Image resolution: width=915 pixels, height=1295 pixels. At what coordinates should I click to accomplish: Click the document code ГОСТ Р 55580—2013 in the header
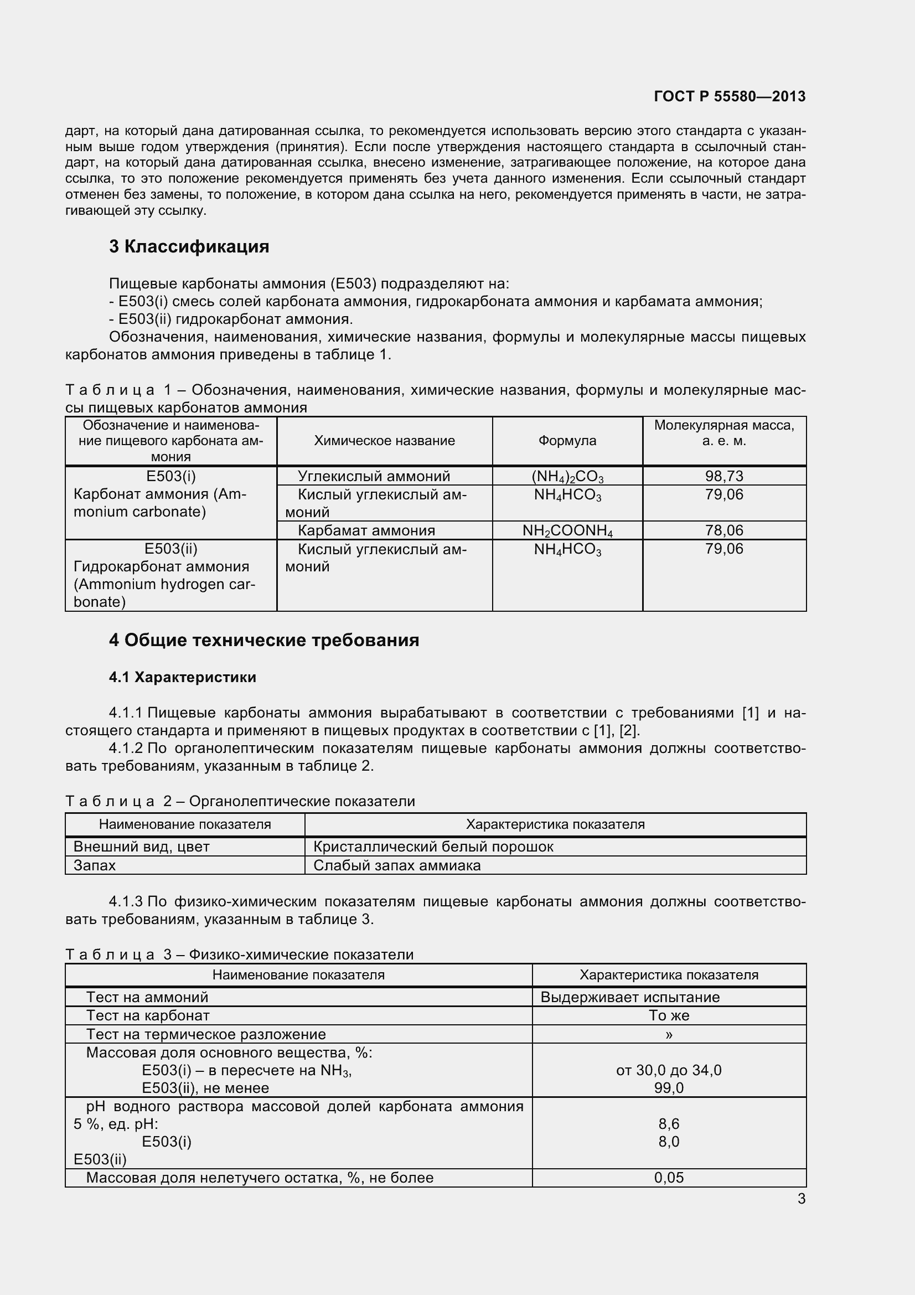[x=730, y=96]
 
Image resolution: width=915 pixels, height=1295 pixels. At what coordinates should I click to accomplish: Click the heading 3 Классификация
[x=189, y=246]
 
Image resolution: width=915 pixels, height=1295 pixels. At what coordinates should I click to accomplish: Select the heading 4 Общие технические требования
[x=264, y=640]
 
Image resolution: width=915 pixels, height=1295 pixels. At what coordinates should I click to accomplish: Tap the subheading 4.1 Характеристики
[x=182, y=677]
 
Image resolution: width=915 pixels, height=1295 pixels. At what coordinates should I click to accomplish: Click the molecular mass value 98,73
[x=724, y=476]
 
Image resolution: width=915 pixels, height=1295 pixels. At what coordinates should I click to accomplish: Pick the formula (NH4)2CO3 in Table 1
[x=567, y=477]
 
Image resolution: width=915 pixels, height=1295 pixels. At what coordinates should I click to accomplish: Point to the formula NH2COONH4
[x=567, y=531]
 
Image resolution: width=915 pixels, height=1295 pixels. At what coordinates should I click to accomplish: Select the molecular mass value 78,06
[x=724, y=530]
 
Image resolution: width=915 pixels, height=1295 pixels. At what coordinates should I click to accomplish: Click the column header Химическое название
[x=384, y=441]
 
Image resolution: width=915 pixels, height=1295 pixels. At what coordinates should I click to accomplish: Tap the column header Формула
[x=567, y=441]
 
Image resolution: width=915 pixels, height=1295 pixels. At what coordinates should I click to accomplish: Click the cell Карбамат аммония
[x=366, y=530]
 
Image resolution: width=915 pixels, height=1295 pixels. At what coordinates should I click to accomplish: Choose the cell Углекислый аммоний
[x=373, y=476]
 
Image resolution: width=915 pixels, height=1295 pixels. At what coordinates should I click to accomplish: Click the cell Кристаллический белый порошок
[x=433, y=847]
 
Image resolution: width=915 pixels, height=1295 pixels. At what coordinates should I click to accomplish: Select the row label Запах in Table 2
[x=95, y=865]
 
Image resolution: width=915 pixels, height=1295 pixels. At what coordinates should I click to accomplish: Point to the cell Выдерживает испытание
[x=630, y=997]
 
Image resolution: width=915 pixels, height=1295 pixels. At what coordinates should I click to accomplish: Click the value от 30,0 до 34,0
[x=669, y=1070]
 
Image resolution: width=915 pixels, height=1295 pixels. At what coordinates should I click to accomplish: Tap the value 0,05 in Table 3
[x=669, y=1178]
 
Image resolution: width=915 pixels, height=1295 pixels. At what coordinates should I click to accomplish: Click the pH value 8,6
[x=669, y=1124]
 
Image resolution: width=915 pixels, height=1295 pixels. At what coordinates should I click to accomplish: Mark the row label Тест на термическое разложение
[x=206, y=1034]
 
